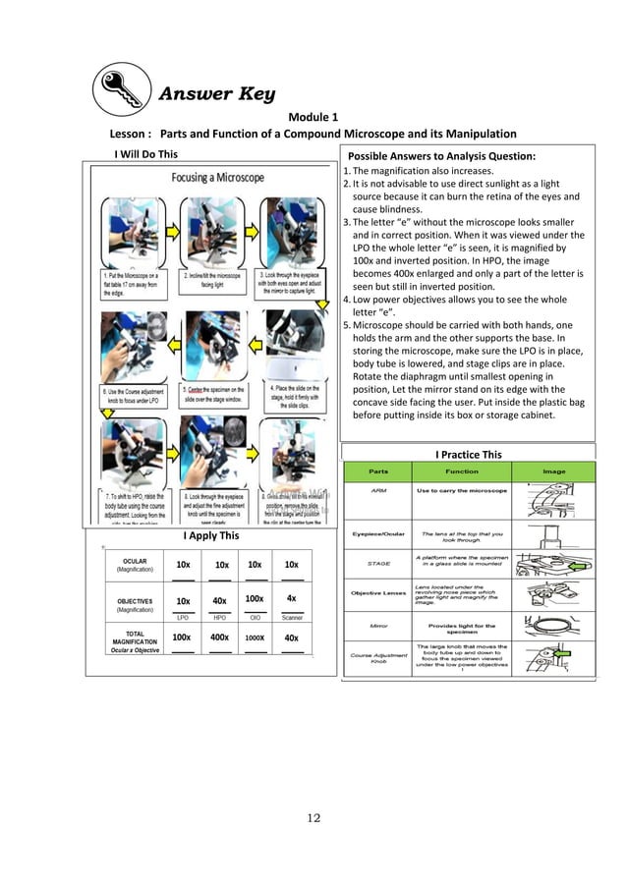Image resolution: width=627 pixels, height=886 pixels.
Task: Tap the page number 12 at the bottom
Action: [x=313, y=817]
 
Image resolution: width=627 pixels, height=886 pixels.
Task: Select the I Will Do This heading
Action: [x=146, y=153]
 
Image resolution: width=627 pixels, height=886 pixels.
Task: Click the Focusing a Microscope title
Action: [x=218, y=178]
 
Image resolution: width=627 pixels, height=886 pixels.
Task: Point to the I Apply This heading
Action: [x=210, y=536]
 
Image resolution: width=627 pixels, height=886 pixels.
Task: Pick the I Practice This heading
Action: [x=468, y=454]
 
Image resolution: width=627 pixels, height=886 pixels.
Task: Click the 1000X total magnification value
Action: [x=255, y=637]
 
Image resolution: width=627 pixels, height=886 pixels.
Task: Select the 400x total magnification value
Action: [x=219, y=637]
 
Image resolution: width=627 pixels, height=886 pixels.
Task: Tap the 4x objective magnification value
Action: [x=291, y=598]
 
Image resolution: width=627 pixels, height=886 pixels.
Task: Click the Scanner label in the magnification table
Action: [x=292, y=618]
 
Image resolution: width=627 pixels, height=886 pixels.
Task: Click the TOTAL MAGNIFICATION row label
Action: [x=135, y=637]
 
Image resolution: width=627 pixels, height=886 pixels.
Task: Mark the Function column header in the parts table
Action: [x=461, y=471]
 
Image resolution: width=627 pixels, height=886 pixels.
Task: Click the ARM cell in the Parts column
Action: [x=377, y=490]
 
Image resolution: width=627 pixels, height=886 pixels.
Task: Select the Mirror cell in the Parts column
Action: [x=377, y=625]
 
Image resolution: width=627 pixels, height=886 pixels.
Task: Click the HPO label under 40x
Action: [x=219, y=618]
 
